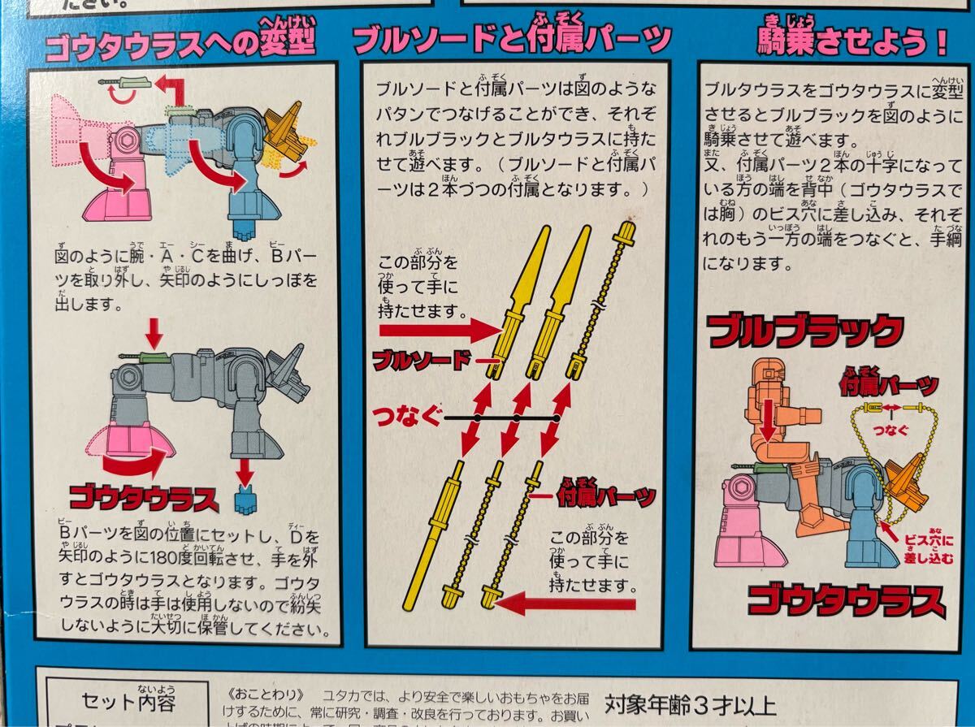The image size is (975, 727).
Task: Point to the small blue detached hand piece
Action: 245,500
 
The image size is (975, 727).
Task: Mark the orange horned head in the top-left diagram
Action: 284,130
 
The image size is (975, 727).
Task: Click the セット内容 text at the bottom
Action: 129,700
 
